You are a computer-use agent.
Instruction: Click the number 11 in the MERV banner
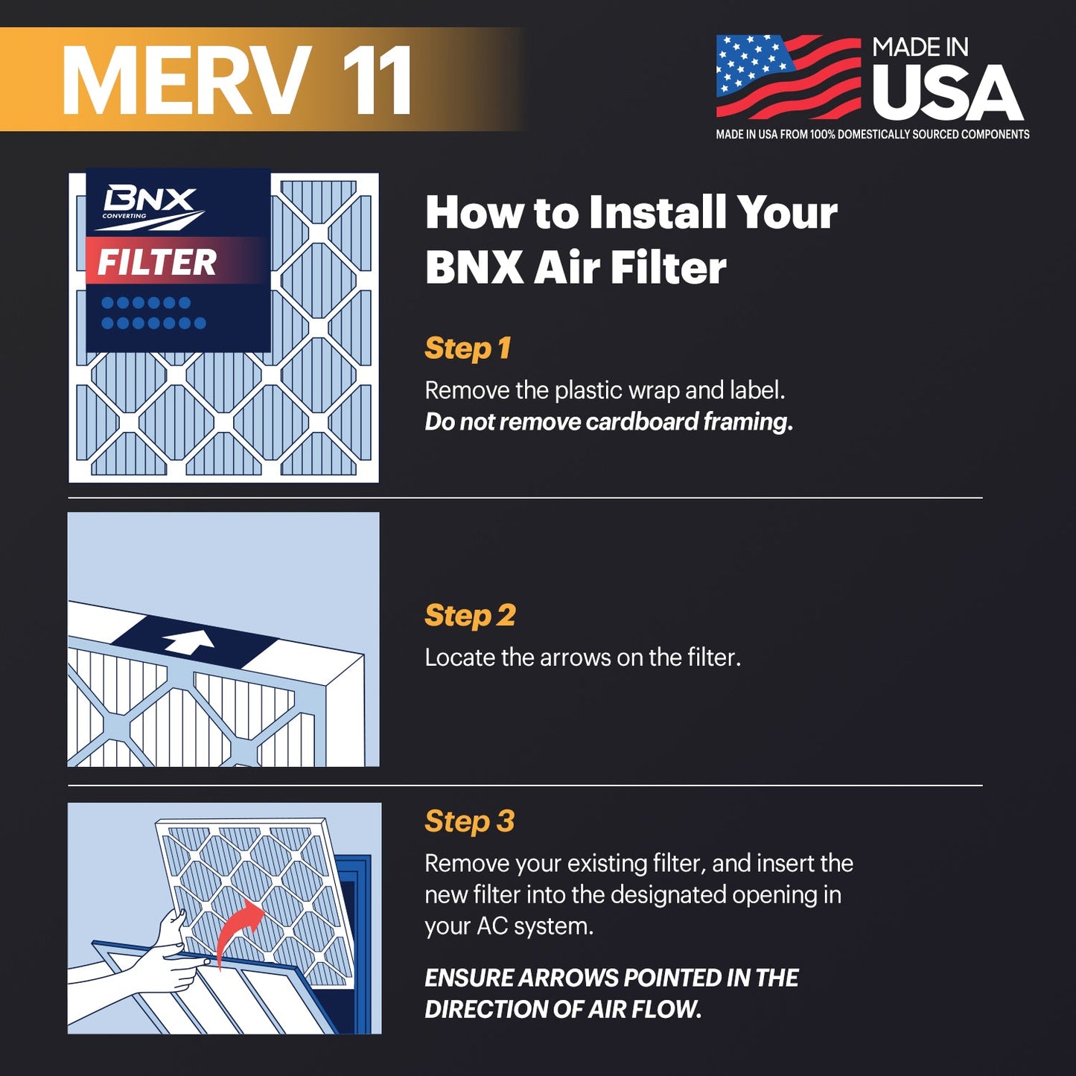point(377,80)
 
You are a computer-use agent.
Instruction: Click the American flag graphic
point(789,77)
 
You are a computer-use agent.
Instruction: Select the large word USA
point(948,92)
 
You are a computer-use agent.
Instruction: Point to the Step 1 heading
point(468,348)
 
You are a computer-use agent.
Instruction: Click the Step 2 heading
point(470,615)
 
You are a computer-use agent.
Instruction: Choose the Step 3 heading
point(469,821)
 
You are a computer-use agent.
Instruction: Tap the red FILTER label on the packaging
point(157,262)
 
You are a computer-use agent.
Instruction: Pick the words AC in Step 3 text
point(492,926)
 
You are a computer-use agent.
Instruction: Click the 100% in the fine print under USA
point(822,135)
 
